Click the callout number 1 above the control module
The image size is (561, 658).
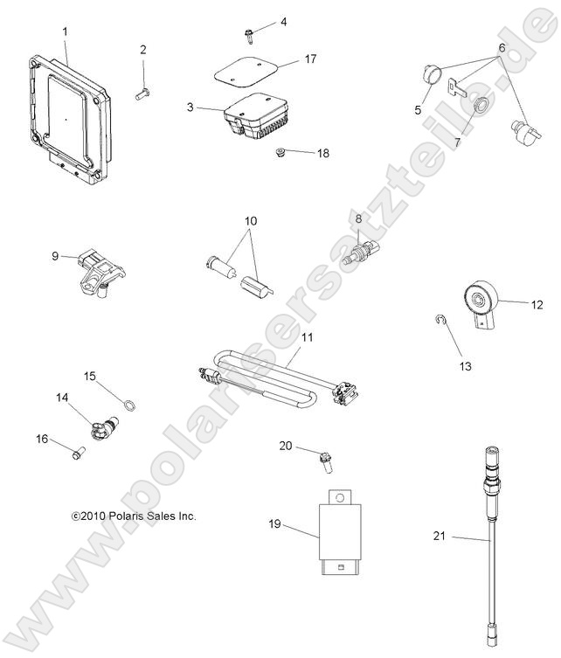point(64,32)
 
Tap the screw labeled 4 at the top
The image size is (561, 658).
point(248,35)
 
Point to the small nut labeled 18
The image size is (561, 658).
point(280,154)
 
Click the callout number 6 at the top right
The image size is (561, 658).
point(502,46)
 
